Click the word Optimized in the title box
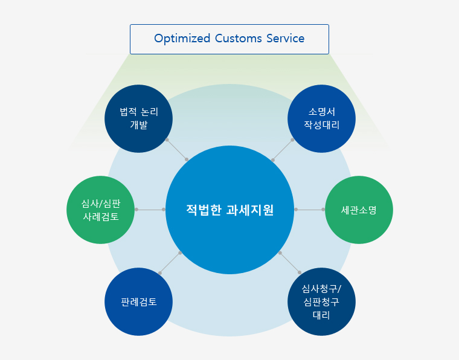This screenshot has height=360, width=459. (182, 39)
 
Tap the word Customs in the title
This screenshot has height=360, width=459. (239, 38)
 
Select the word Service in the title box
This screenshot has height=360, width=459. (286, 38)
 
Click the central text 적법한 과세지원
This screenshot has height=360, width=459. (230, 210)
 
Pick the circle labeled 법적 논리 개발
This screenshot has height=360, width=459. (138, 118)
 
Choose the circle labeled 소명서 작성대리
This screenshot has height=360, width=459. (321, 118)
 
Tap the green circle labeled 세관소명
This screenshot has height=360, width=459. (359, 210)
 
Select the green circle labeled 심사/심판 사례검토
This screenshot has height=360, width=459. (100, 210)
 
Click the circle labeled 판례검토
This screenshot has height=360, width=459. (138, 301)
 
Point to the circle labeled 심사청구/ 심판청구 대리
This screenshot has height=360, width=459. (321, 301)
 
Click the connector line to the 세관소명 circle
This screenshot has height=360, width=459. (309, 210)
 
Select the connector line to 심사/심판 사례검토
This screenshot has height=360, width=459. (150, 210)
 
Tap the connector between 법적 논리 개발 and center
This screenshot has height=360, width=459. (177, 150)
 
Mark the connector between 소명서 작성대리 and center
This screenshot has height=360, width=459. (283, 150)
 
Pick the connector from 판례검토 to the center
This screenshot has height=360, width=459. (170, 263)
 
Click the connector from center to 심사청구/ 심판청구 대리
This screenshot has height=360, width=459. (290, 263)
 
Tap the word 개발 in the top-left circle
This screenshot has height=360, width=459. (138, 125)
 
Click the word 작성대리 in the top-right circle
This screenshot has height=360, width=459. (321, 125)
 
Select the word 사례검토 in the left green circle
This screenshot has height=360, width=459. (101, 217)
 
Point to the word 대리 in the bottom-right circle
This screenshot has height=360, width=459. (321, 315)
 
